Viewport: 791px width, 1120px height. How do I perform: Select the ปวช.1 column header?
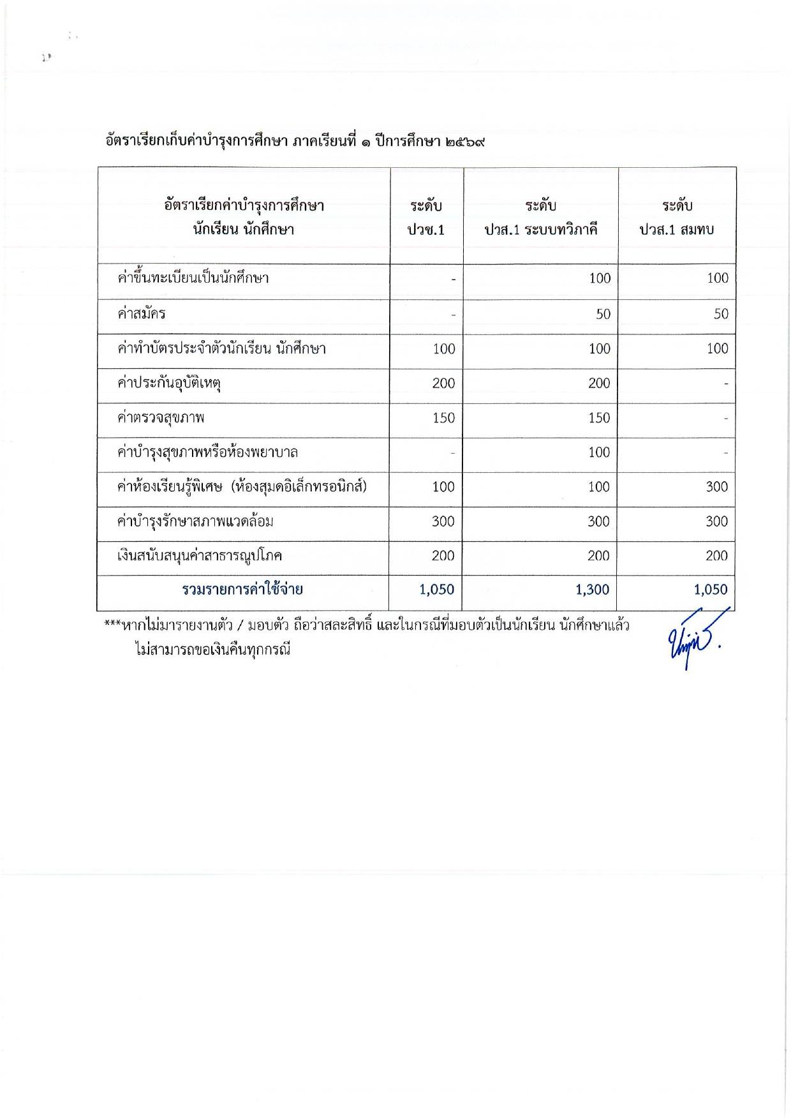pyautogui.click(x=426, y=218)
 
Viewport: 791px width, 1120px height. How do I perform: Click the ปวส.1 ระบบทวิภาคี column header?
pyautogui.click(x=541, y=218)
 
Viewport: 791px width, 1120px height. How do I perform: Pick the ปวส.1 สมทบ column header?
pyautogui.click(x=677, y=218)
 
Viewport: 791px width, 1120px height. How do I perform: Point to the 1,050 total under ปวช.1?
pyautogui.click(x=437, y=590)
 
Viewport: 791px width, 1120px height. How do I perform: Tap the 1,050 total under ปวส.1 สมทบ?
pyautogui.click(x=711, y=590)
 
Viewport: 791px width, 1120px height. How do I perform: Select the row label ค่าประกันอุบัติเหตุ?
pyautogui.click(x=170, y=384)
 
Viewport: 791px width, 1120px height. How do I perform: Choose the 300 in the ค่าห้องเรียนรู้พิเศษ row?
pyautogui.click(x=716, y=487)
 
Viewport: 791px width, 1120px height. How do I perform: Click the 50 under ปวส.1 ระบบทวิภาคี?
pyautogui.click(x=603, y=314)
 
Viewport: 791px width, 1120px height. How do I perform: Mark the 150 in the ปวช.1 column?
pyautogui.click(x=443, y=418)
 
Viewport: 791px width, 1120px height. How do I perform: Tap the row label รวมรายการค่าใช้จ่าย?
pyautogui.click(x=242, y=590)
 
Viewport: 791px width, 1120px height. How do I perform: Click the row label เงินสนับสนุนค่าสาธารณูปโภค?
pyautogui.click(x=200, y=556)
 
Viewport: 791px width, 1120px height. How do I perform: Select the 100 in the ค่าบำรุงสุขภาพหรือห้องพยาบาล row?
pyautogui.click(x=599, y=452)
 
